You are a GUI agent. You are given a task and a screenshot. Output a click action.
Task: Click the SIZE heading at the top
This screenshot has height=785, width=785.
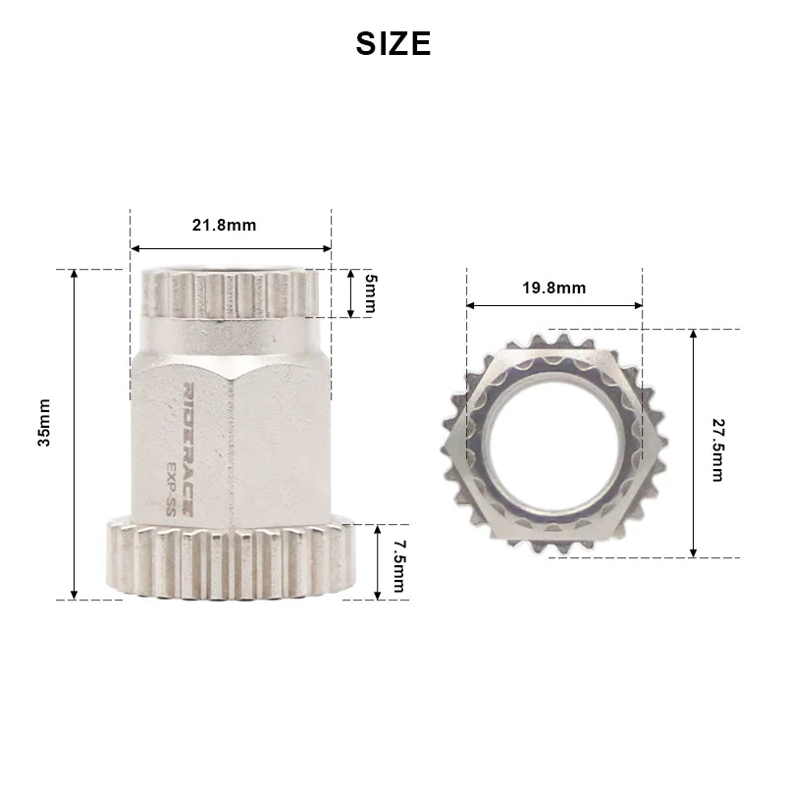pos(392,43)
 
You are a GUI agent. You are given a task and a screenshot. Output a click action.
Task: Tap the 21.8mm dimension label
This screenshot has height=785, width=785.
pos(224,225)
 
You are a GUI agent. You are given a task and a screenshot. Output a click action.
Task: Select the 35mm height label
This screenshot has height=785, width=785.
pos(45,434)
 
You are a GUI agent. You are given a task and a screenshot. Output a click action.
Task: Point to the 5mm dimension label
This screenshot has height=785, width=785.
pos(370,292)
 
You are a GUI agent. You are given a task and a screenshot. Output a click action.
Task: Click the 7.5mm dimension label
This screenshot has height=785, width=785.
pos(397,561)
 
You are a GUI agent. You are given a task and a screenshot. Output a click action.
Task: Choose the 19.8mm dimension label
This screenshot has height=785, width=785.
pos(553,288)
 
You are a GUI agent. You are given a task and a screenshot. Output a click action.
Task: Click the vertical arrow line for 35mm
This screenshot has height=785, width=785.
pos(75,434)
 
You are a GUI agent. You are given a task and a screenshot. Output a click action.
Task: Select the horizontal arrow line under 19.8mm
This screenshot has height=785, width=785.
pos(553,305)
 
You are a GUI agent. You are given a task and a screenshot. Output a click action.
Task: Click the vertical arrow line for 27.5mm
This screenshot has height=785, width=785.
pos(694,444)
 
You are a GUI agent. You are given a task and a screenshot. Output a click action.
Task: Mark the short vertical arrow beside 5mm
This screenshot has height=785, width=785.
pos(349,292)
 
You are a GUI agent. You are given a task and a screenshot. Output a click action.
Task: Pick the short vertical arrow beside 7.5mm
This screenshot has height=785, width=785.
pos(378,561)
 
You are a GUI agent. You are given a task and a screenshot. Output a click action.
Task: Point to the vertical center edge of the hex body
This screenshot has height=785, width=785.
pos(234,442)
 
